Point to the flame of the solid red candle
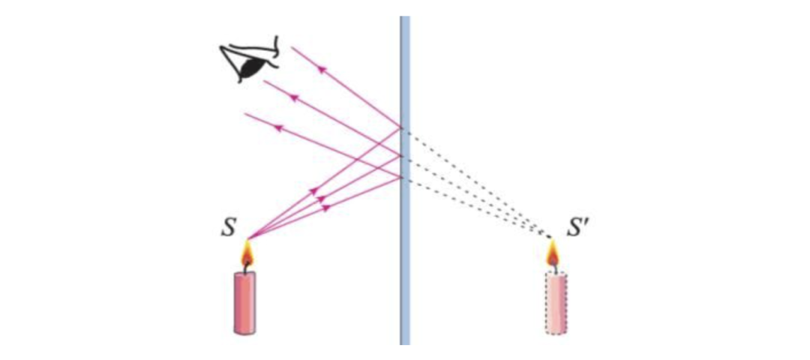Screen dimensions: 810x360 [247, 256]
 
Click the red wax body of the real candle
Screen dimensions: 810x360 [245, 302]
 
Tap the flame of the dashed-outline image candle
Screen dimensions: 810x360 [553, 256]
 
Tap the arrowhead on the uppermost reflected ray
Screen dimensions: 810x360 [322, 70]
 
